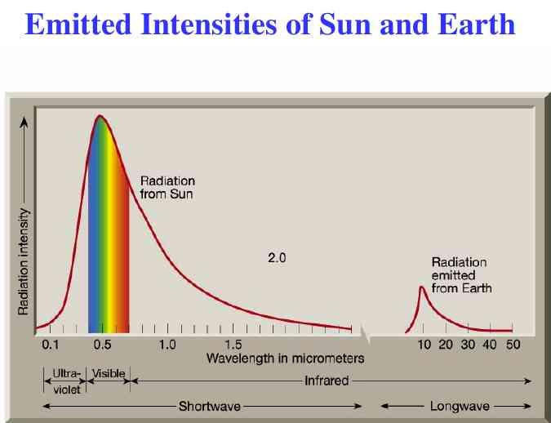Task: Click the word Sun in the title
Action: tap(344, 24)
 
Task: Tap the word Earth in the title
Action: tap(476, 24)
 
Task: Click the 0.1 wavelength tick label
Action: tap(51, 345)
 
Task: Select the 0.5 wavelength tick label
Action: tap(102, 345)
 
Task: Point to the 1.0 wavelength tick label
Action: tap(167, 345)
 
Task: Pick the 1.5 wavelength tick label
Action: tap(233, 345)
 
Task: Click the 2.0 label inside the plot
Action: tap(277, 258)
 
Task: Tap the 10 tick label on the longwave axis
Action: tap(424, 345)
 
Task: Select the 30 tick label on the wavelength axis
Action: tap(468, 345)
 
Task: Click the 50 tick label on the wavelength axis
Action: tap(513, 345)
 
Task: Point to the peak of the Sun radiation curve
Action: tap(100, 116)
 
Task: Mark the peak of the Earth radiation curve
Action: tap(422, 287)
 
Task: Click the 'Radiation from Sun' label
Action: tap(167, 188)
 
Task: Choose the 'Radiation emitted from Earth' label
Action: tap(461, 275)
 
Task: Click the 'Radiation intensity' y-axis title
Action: tap(23, 261)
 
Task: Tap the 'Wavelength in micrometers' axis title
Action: tap(286, 358)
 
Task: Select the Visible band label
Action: tap(109, 373)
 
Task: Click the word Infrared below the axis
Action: tap(327, 381)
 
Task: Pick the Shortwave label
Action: tap(210, 407)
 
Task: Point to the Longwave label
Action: tap(460, 407)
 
